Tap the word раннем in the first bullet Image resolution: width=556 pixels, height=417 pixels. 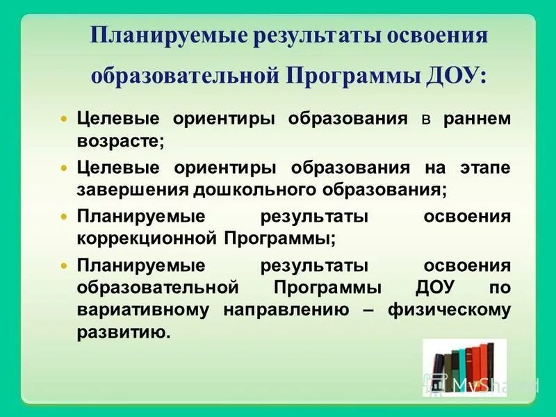click(476, 118)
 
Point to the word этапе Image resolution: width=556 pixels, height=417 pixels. click(484, 167)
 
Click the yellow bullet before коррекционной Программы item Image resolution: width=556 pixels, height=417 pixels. click(65, 218)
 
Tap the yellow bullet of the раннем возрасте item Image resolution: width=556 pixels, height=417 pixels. click(65, 119)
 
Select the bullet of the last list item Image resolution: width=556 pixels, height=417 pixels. click(65, 266)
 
